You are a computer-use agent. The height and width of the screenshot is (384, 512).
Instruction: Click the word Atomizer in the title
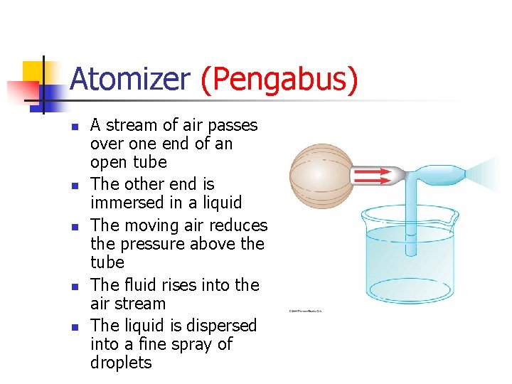pos(130,80)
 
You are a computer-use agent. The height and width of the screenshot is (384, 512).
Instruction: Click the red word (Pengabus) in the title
pos(279,80)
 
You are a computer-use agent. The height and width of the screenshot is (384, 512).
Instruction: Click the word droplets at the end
pos(121,363)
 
